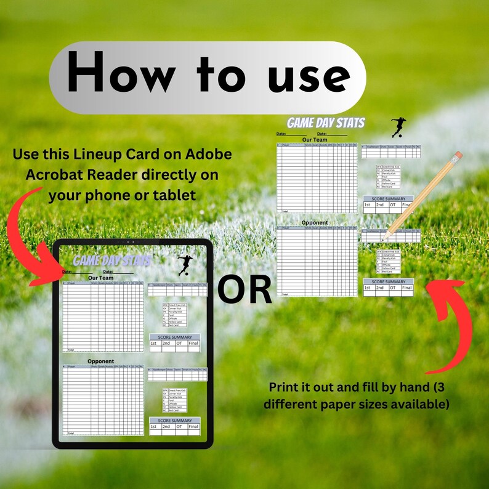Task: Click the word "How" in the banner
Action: tap(121, 77)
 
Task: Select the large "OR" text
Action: tap(244, 290)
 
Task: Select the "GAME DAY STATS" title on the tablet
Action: tap(111, 261)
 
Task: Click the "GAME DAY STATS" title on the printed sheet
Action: tap(326, 123)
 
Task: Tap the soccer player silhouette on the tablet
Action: tap(184, 265)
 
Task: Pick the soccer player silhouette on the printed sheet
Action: tap(398, 127)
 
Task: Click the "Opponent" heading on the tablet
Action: tap(100, 361)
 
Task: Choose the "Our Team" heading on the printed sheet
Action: tap(315, 140)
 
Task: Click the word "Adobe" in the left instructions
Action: tap(206, 154)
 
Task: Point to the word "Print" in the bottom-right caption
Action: tap(285, 387)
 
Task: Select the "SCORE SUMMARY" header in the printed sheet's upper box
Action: tap(389, 200)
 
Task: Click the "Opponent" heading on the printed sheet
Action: tap(315, 222)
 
